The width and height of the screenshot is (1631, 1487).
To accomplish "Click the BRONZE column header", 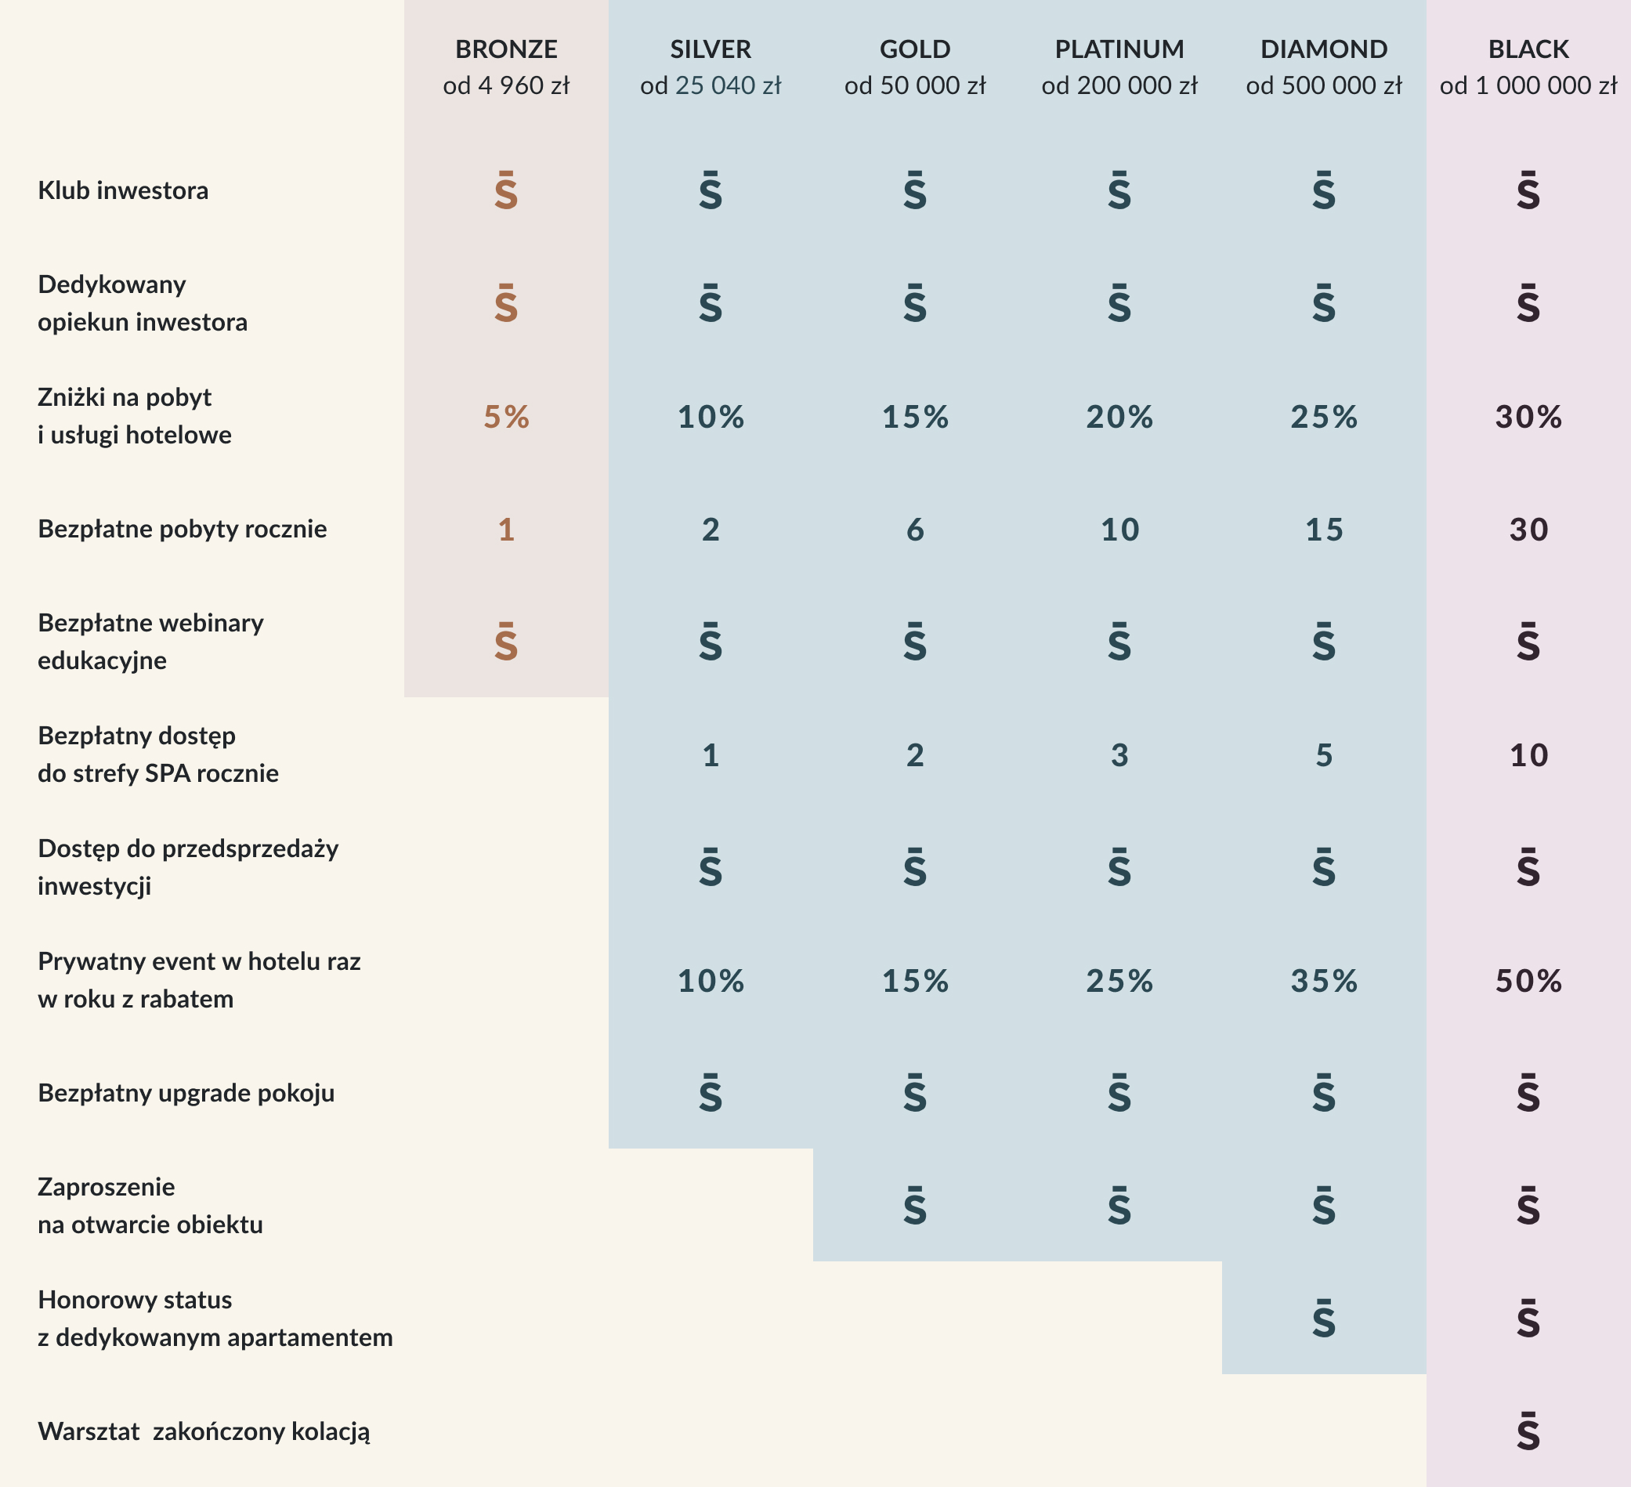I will pos(505,49).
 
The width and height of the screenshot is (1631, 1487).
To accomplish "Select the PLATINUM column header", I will pos(1119,49).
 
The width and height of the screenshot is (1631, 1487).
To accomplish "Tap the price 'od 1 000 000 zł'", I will pos(1528,85).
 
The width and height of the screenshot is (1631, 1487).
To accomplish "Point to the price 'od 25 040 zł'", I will pos(711,85).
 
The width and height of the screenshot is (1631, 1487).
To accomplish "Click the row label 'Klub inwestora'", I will pos(123,191).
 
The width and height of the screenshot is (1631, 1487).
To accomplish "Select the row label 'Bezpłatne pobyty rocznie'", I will pos(182,529).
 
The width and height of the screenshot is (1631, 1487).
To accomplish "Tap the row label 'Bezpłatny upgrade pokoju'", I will pos(186,1093).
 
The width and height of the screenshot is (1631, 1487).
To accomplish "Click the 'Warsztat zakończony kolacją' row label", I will pos(204,1431).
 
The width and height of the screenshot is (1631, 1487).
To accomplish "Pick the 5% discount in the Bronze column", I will pos(505,417).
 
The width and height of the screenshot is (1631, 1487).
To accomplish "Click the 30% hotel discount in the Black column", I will pos(1528,417).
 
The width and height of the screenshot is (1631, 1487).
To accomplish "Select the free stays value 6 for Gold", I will pos(915,530).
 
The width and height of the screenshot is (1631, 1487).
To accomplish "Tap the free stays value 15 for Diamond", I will pos(1324,530).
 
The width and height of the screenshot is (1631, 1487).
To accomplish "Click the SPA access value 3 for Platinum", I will pos(1119,755).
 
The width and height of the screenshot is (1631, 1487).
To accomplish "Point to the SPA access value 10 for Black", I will pos(1528,755).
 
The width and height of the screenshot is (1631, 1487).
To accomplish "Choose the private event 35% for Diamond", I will pos(1324,981).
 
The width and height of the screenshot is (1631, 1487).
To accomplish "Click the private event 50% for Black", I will pos(1528,981).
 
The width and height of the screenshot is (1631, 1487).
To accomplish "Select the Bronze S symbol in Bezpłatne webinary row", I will pos(505,642).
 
